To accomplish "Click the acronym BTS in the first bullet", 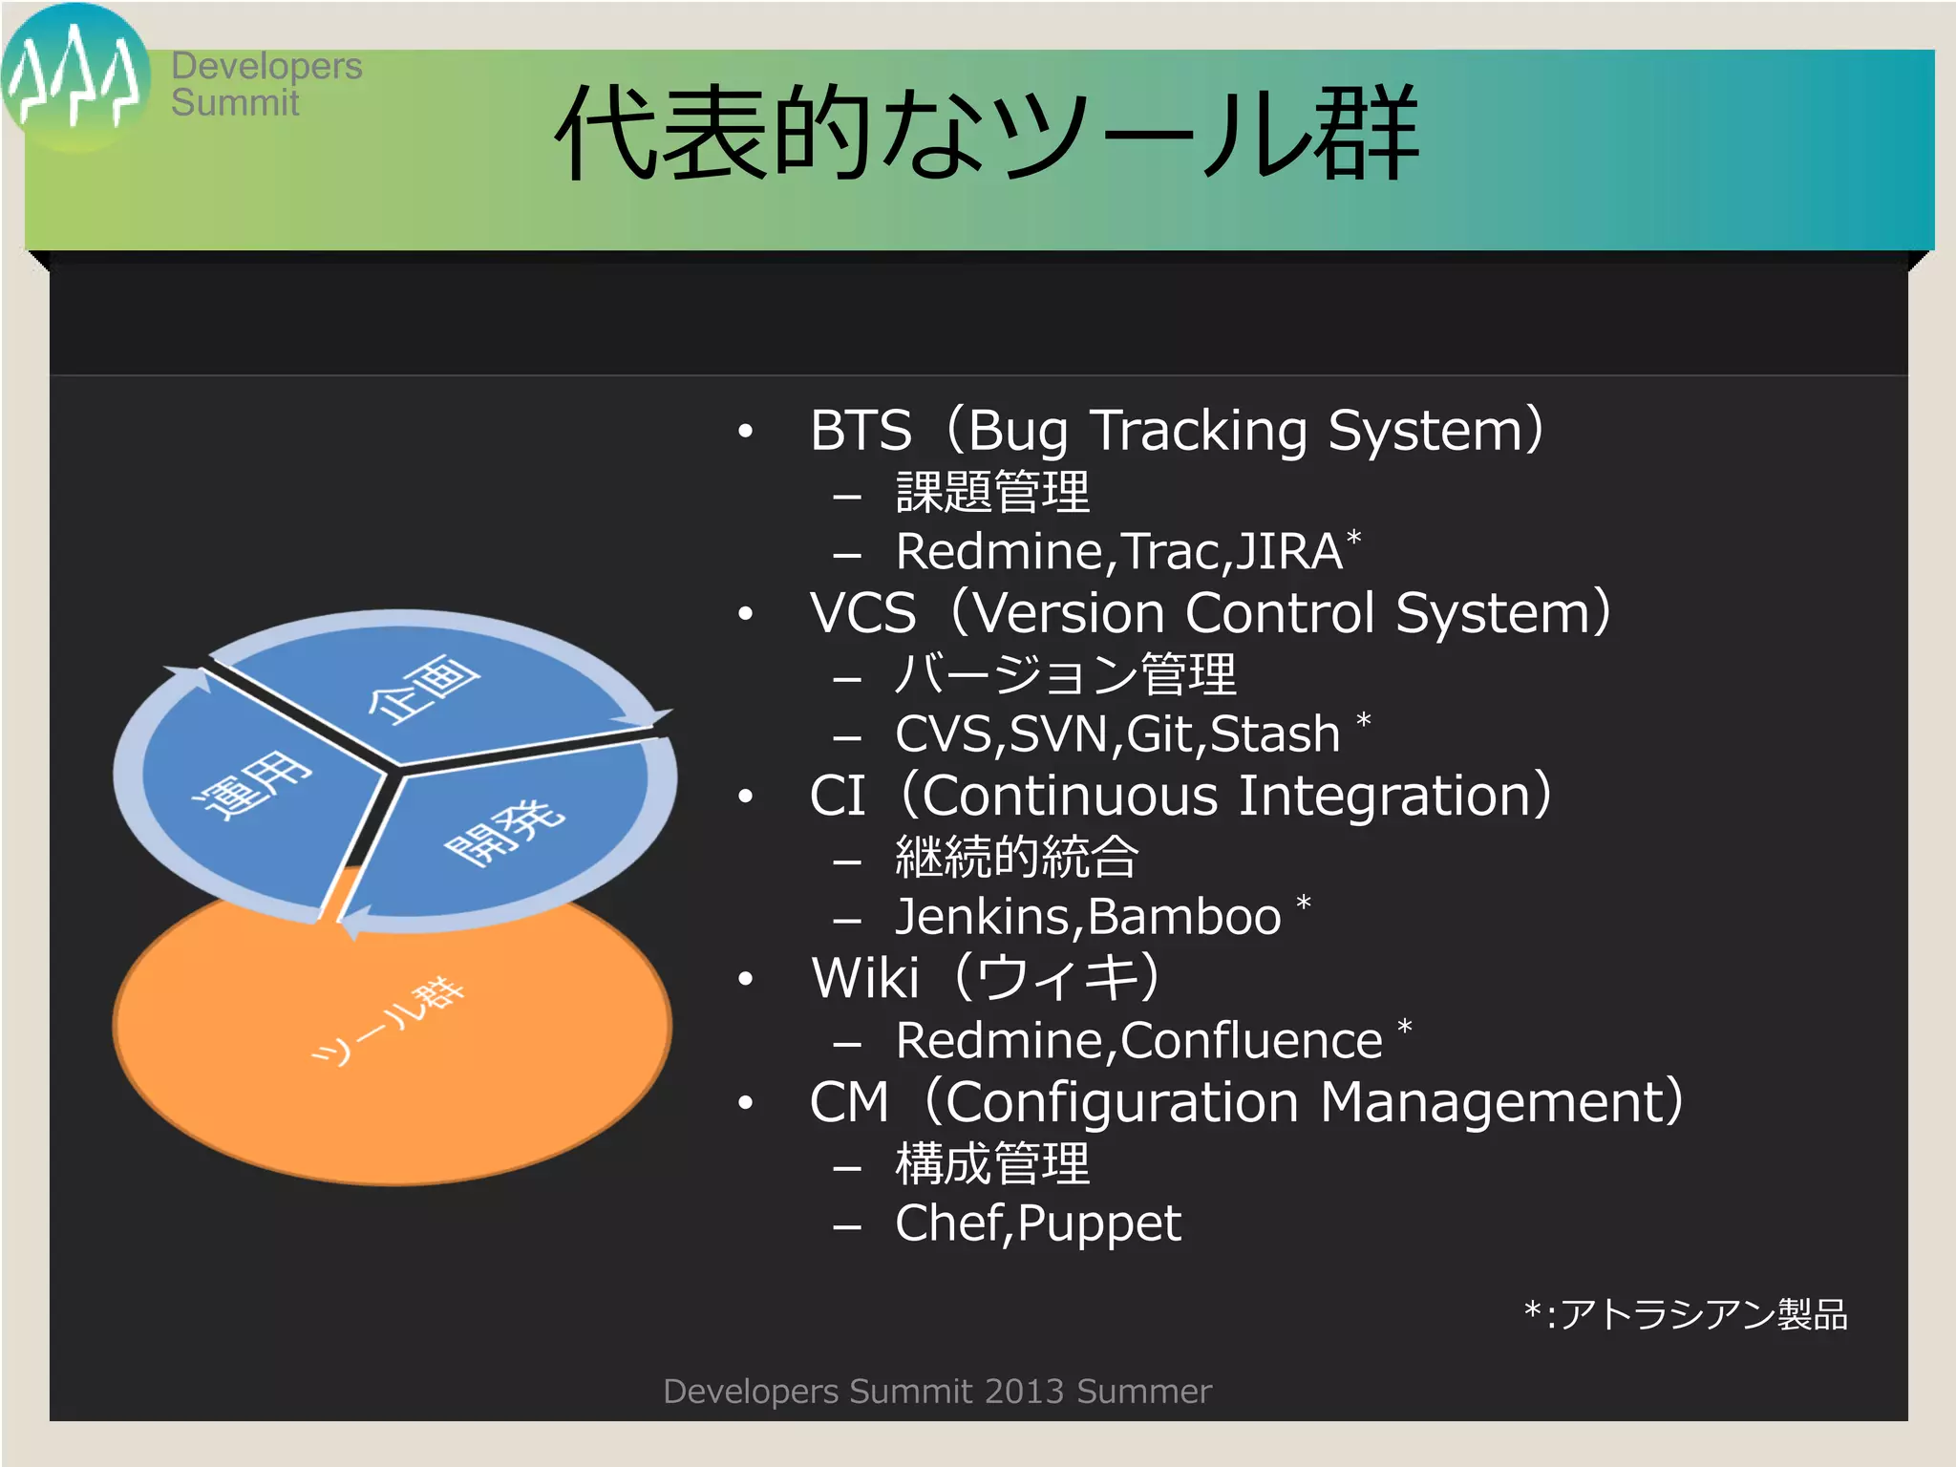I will [x=861, y=431].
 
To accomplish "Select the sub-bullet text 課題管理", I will [x=991, y=493].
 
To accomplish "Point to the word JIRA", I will [x=1289, y=552].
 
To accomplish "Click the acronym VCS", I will [x=862, y=613].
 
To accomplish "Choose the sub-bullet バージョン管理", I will [x=1065, y=674].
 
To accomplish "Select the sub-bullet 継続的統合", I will [x=1016, y=857].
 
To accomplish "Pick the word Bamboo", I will [x=1183, y=917].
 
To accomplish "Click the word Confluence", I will [x=1251, y=1040].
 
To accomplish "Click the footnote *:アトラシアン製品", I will [x=1685, y=1315].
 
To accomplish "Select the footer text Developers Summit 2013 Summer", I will [x=936, y=1392].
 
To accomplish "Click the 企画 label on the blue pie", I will [x=424, y=690].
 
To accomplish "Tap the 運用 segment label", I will [x=252, y=785].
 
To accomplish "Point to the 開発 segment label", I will [x=505, y=833].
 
